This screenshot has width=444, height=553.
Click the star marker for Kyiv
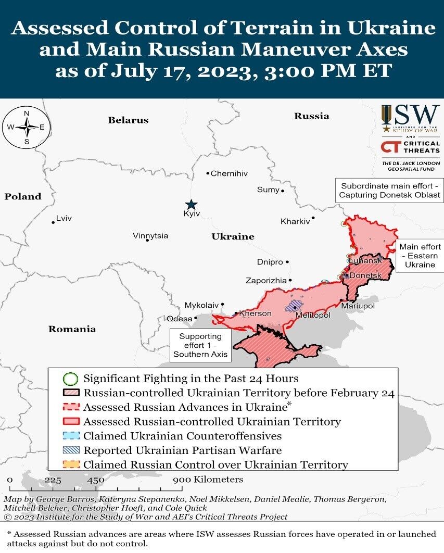192,205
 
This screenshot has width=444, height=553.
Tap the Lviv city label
64,218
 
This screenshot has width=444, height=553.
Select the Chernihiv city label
229,173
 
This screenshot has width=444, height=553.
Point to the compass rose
27,127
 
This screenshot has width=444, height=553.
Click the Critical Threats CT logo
390,147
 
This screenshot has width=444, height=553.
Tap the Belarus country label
128,120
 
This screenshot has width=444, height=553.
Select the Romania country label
72,329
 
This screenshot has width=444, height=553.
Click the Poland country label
23,196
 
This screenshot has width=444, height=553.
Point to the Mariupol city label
358,306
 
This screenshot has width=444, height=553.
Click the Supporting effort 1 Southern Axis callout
200,345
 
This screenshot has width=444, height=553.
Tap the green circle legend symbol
71,379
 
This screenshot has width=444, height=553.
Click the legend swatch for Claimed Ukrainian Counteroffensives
71,436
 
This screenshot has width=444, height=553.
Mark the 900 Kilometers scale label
208,479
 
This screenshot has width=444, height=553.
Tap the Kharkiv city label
295,221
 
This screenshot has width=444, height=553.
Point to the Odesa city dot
196,318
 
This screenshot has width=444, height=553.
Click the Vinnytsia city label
150,236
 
